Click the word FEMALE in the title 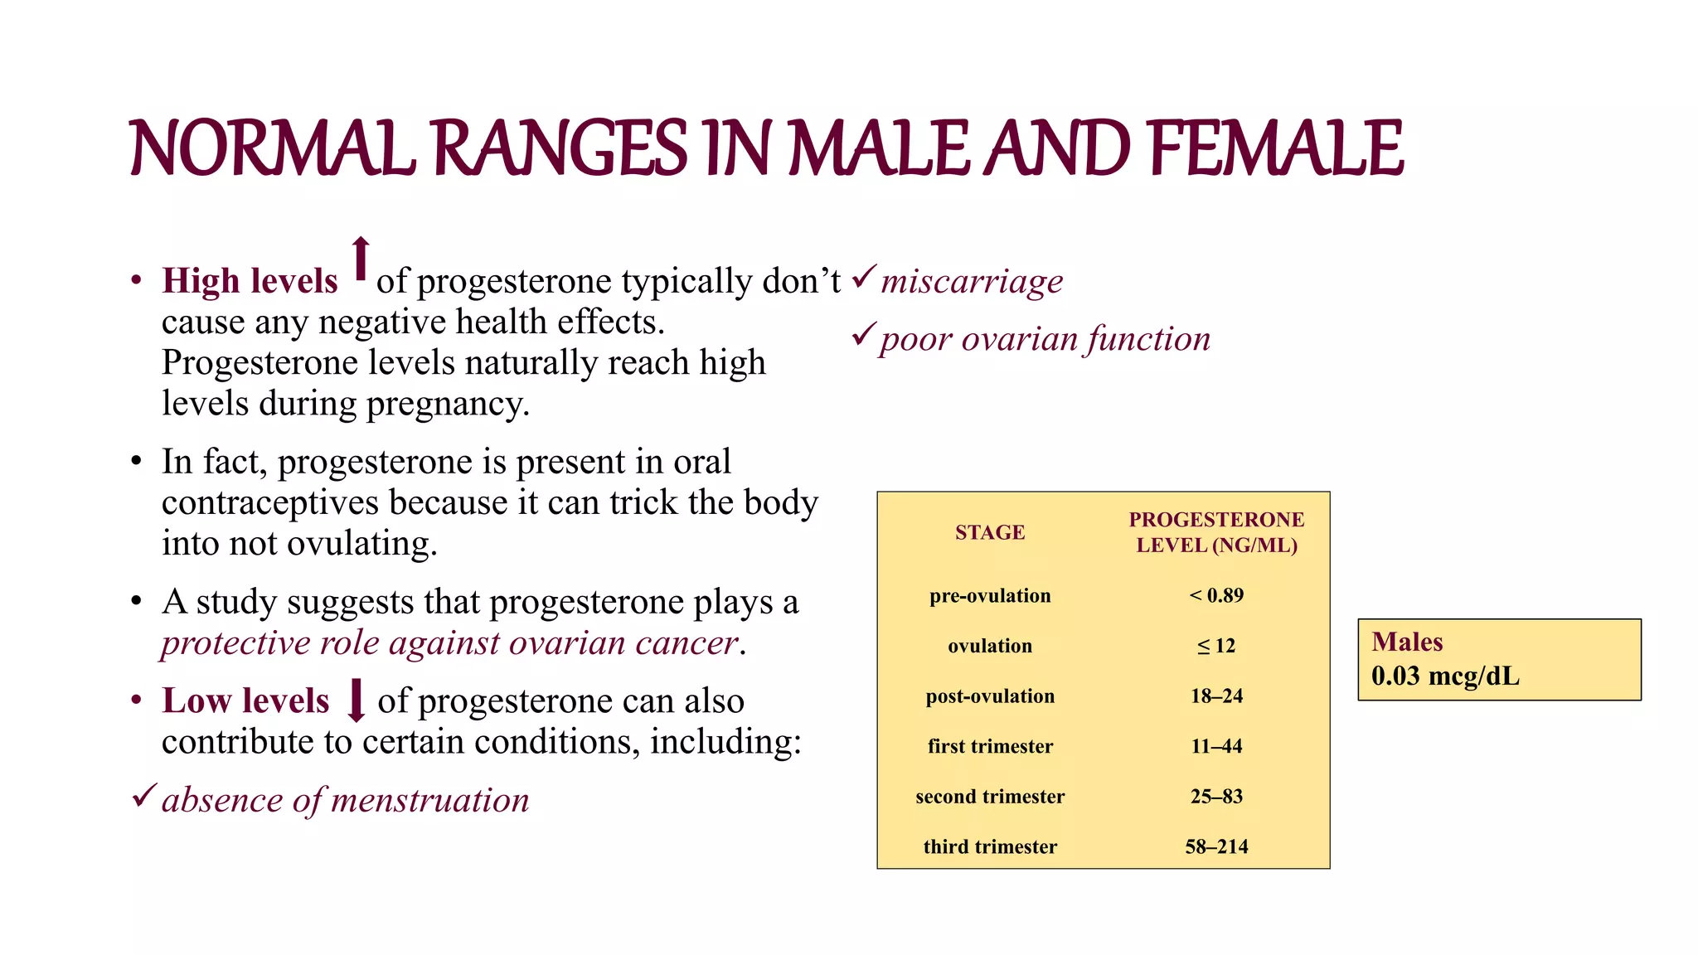[1277, 149]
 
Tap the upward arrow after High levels [360, 259]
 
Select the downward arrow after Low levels [357, 700]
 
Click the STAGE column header [990, 532]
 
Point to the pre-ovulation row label [990, 595]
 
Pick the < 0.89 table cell [1216, 595]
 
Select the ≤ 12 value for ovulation [1216, 646]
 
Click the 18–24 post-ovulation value [1216, 696]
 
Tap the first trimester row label [990, 746]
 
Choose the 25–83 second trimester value [1216, 796]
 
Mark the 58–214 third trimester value [1216, 846]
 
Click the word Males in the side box [1407, 642]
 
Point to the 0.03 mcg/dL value [1445, 676]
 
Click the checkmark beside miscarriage [864, 276]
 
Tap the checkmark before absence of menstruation [143, 796]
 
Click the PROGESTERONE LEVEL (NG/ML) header [1216, 532]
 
